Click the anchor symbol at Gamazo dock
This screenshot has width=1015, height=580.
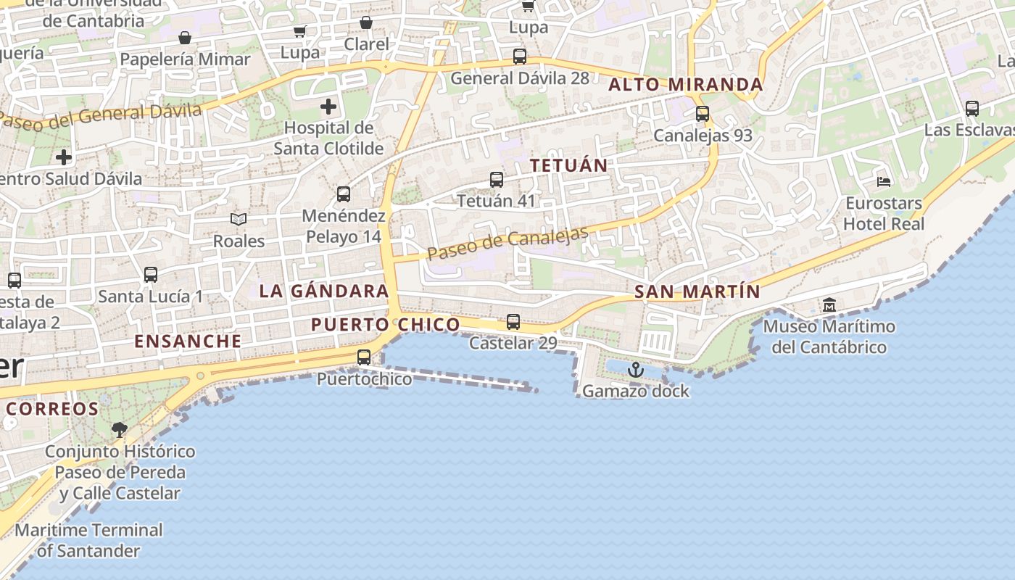pos(635,370)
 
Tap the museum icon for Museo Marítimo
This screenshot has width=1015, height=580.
pos(829,305)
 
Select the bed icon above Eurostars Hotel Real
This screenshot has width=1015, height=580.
pos(883,181)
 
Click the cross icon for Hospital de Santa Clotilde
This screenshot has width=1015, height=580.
pos(328,107)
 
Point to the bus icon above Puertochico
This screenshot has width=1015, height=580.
pos(364,357)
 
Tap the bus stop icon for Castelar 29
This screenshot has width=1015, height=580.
pos(513,321)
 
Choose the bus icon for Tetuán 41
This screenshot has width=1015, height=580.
pos(497,179)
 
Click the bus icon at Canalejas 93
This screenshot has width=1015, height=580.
pos(702,114)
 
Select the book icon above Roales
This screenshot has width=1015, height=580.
pos(239,219)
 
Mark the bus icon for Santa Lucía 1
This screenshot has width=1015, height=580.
pos(151,275)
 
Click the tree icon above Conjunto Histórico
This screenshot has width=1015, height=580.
pos(120,430)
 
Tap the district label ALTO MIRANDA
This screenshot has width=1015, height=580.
pos(685,85)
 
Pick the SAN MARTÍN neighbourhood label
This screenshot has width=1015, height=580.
pos(697,292)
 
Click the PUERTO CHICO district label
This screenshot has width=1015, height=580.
pos(386,325)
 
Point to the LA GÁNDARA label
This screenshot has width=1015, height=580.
pos(324,291)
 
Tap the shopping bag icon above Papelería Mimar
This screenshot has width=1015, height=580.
pos(185,38)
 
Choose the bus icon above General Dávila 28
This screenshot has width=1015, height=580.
pos(519,56)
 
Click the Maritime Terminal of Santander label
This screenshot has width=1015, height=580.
pos(88,540)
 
